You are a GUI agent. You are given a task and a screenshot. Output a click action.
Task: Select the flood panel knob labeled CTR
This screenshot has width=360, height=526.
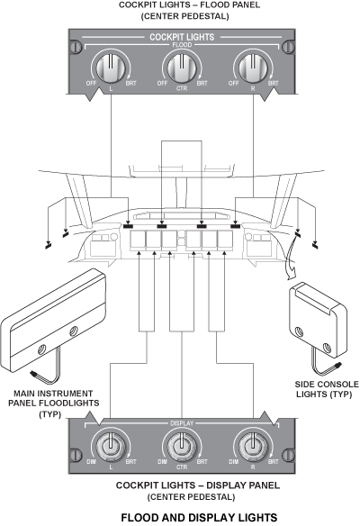(x=179, y=67)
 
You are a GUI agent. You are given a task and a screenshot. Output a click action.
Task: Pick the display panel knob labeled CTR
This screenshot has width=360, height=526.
(x=179, y=445)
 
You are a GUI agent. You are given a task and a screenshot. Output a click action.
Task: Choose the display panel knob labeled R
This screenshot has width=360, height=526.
(x=248, y=445)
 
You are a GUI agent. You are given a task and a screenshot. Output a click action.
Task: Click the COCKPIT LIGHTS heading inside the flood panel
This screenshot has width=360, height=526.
(x=179, y=39)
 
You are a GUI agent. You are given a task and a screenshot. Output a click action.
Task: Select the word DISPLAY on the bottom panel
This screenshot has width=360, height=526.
(x=179, y=422)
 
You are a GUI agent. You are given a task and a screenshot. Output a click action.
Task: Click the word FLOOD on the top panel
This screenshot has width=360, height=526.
(x=179, y=46)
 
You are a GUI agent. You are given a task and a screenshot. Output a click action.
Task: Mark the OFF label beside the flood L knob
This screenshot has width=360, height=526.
(x=87, y=83)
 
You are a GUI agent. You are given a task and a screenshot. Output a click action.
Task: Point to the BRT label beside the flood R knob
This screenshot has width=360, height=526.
(x=273, y=83)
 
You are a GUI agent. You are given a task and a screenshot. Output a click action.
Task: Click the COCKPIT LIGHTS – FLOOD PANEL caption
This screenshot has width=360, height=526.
(x=179, y=9)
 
